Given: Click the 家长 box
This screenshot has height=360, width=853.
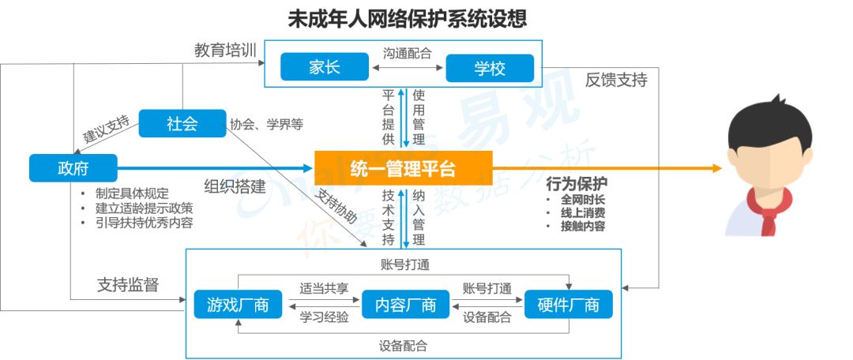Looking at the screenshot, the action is (325, 68).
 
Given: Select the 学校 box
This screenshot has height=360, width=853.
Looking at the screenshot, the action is (490, 69).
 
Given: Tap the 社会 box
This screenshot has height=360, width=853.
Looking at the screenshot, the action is (182, 124).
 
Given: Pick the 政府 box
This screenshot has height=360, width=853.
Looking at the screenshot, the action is (73, 168).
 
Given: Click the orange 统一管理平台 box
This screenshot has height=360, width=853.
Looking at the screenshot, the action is (403, 168).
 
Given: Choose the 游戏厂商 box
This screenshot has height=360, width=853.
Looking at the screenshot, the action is (238, 305).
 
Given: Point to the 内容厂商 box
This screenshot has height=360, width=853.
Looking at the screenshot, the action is (405, 305).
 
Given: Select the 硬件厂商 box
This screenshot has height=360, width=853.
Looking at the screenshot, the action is (568, 305).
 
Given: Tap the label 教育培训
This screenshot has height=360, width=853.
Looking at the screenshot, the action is (225, 51).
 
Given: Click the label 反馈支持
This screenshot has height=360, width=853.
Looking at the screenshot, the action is (616, 81).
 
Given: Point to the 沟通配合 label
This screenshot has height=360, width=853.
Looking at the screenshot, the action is (408, 54).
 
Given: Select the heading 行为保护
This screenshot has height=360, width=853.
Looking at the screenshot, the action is (577, 184).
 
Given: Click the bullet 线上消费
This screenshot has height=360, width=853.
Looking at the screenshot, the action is (582, 212).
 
